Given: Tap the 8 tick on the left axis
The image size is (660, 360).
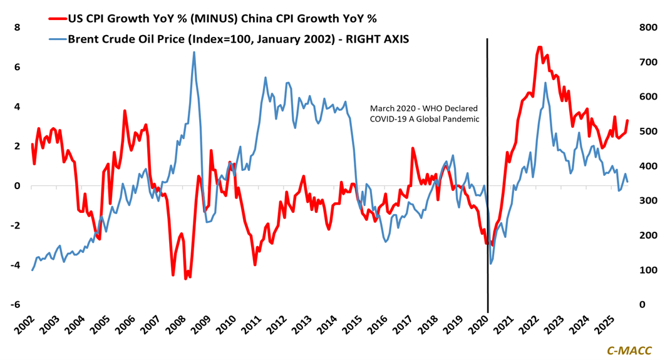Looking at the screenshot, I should pyautogui.click(x=17, y=28).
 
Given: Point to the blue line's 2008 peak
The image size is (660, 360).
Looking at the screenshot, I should pyautogui.click(x=193, y=52).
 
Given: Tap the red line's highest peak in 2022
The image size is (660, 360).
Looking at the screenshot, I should pyautogui.click(x=539, y=47).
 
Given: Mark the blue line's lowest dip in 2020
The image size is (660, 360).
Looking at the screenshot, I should pyautogui.click(x=490, y=264).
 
